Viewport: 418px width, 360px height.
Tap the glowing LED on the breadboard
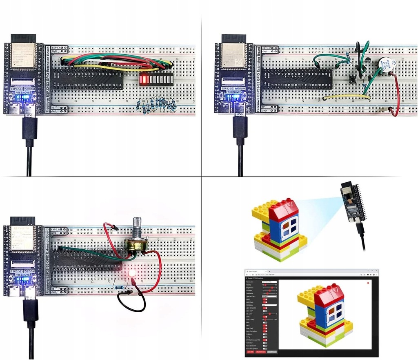click(x=132, y=273)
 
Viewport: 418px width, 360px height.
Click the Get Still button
click(x=250, y=351)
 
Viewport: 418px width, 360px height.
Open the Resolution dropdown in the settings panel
click(x=269, y=282)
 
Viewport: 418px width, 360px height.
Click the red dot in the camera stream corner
click(x=368, y=283)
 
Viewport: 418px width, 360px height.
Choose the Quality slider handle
click(x=266, y=285)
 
